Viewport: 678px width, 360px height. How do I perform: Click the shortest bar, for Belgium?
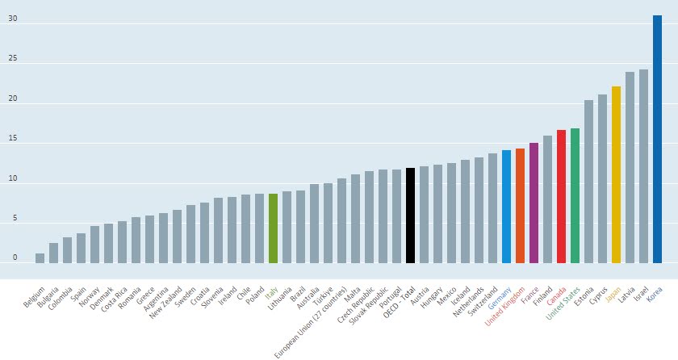click(40, 257)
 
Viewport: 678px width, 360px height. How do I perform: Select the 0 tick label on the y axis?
click(14, 257)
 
